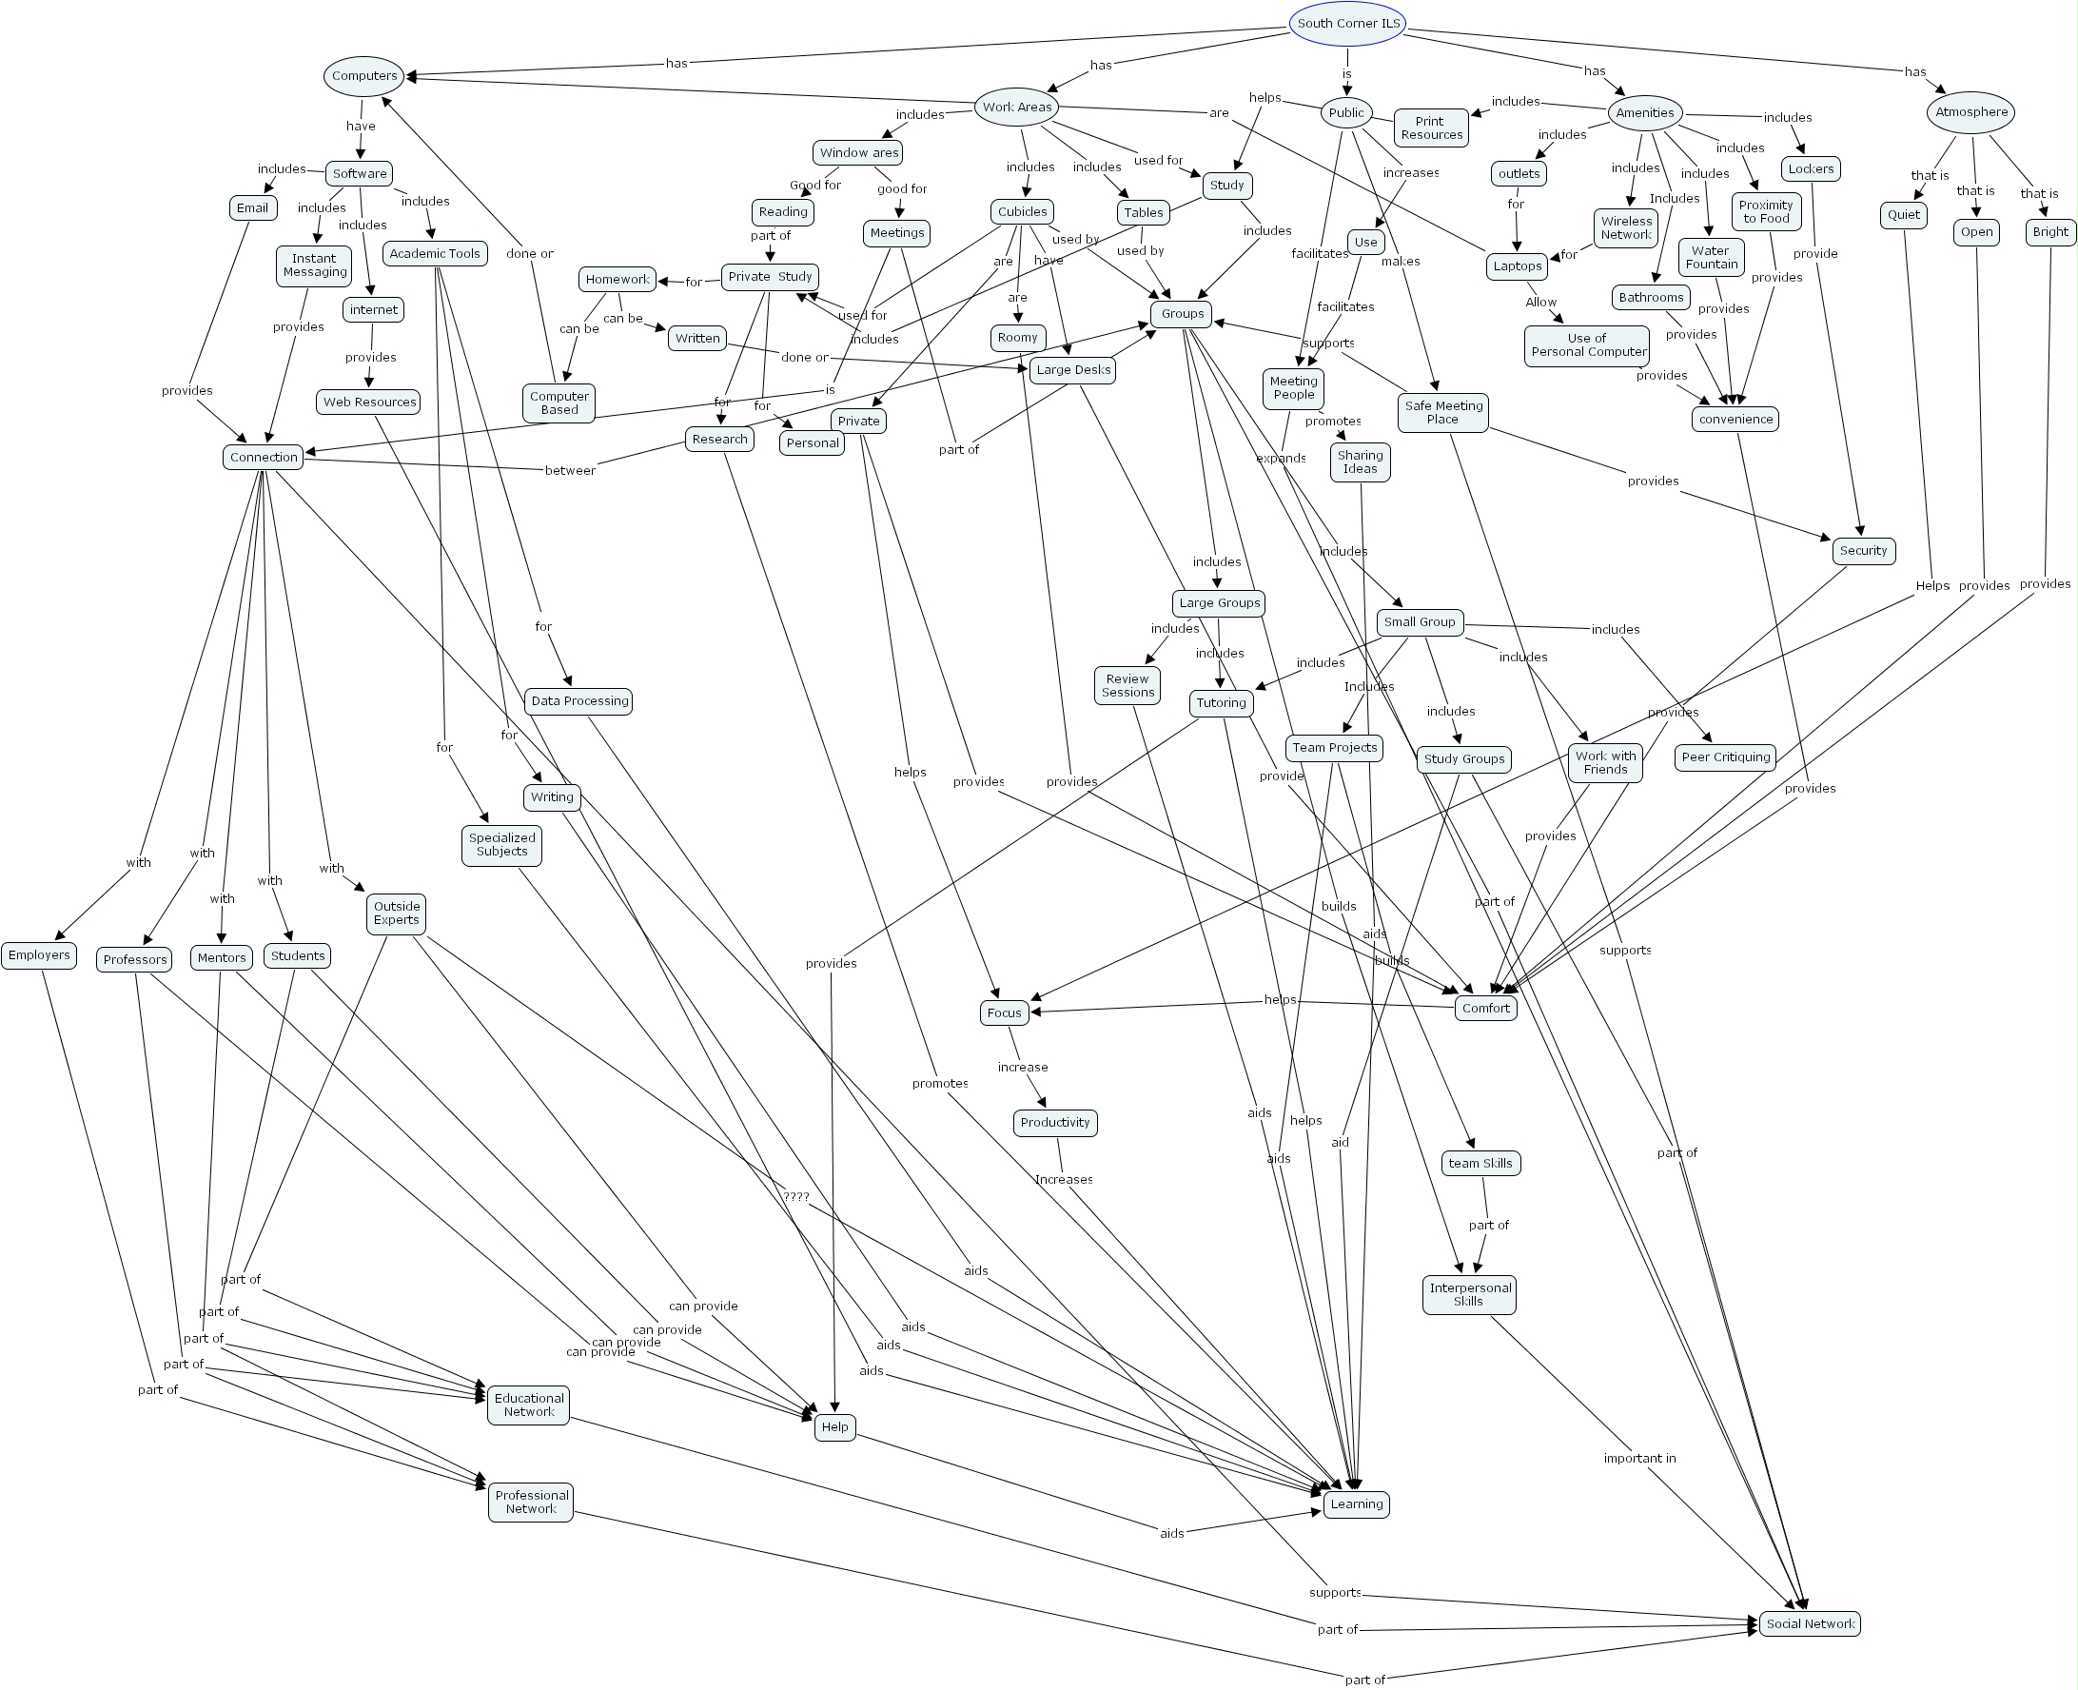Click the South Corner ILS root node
coord(1347,24)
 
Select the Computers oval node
coord(364,76)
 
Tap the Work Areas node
coord(1016,108)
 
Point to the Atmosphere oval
coord(1970,112)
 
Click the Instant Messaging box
coord(314,265)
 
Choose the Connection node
coord(264,458)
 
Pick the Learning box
coord(1356,1504)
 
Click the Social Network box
coord(1810,1623)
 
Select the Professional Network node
coord(531,1503)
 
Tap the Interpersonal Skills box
coord(1470,1295)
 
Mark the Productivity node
coord(1055,1123)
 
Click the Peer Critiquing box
coord(1726,757)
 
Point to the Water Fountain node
coord(1711,258)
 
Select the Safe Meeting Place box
coord(1443,413)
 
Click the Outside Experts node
coord(396,914)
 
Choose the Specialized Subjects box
coord(501,845)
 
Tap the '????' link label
coord(796,1197)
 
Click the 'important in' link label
coord(1640,1459)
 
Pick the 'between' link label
coord(569,471)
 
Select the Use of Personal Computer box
coord(1587,345)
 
